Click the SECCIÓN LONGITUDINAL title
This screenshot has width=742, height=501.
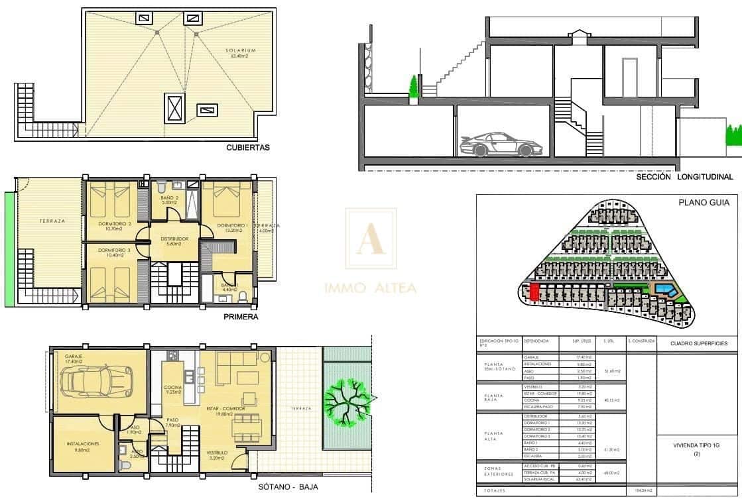(684, 177)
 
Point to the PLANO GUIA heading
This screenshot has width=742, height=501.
(703, 203)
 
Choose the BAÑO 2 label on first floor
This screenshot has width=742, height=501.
(169, 200)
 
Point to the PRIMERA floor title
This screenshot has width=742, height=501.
(240, 317)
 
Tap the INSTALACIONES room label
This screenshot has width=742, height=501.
(83, 444)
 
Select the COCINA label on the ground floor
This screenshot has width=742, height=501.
(173, 389)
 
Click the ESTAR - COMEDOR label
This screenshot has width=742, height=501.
(226, 410)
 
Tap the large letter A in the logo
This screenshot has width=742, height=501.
(370, 239)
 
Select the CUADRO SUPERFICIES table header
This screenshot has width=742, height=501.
(698, 343)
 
